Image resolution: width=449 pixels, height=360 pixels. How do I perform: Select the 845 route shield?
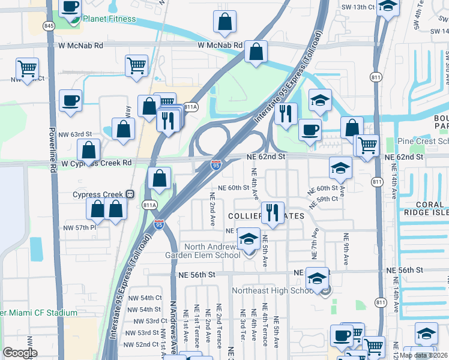pos(49,26)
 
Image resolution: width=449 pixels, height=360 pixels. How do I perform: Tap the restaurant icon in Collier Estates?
pos(273,213)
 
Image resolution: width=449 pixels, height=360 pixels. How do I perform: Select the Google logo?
pos(20,353)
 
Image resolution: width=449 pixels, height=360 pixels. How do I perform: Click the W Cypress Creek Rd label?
pos(96,163)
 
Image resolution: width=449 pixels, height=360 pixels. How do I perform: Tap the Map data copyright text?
pos(423,355)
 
